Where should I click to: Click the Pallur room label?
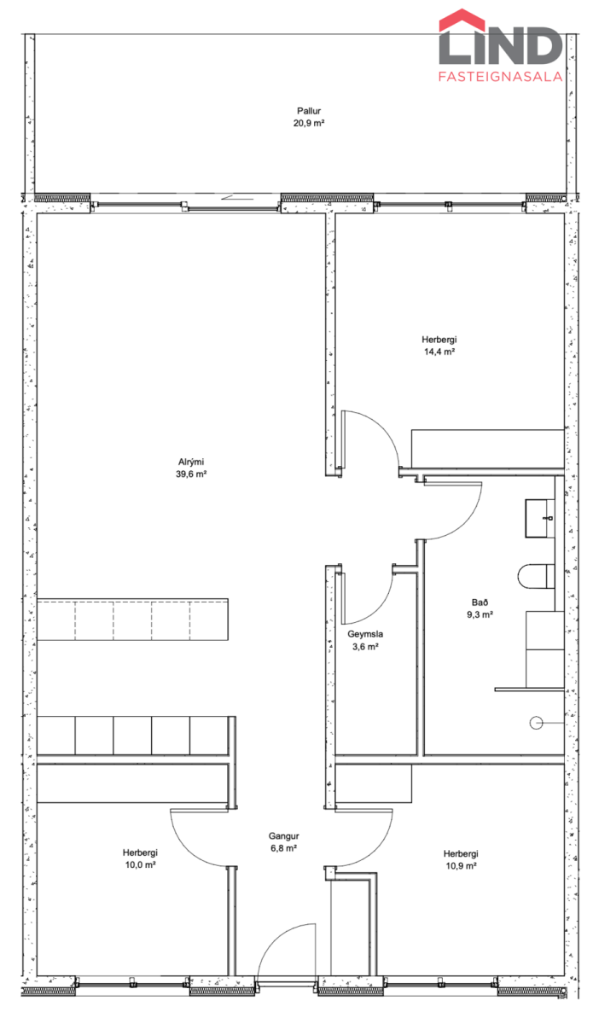point(309,111)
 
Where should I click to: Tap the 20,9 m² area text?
point(309,123)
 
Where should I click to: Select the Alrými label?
point(191,463)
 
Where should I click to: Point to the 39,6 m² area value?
point(191,474)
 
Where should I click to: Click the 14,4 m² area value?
point(439,352)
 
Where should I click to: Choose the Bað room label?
point(480,602)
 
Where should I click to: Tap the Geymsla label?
point(365,634)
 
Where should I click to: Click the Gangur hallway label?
point(283,836)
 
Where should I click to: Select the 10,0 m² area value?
point(141,865)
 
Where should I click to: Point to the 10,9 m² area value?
point(461,866)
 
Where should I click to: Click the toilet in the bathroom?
point(537,576)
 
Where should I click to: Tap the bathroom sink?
point(539,519)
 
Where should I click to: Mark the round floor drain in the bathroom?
point(536,724)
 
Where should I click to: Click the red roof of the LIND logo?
point(462,19)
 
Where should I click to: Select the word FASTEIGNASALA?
point(500,76)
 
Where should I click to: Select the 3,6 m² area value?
point(365,647)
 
